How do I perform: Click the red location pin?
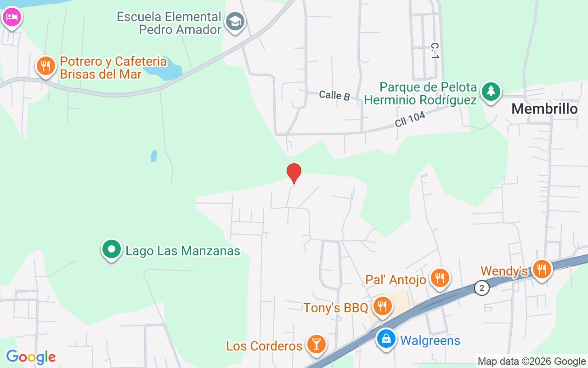click(x=294, y=173)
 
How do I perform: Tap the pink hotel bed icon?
click(x=11, y=17)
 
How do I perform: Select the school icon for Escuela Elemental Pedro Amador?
click(x=236, y=21)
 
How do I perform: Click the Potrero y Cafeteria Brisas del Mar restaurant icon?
click(x=45, y=67)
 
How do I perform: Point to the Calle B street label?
click(x=334, y=95)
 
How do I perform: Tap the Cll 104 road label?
click(x=410, y=120)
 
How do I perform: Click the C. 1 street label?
click(x=435, y=51)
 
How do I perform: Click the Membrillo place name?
click(x=544, y=109)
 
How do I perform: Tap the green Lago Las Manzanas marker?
click(x=111, y=250)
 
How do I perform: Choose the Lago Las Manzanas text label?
click(x=183, y=251)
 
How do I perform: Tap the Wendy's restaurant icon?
click(x=542, y=270)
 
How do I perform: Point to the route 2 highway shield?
click(x=482, y=288)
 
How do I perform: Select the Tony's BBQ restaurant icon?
click(x=381, y=306)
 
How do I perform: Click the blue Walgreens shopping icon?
click(x=386, y=339)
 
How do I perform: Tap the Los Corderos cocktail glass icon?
click(x=316, y=345)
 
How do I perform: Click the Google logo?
click(x=31, y=357)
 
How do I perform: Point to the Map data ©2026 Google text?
click(x=531, y=362)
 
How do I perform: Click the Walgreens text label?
click(x=430, y=340)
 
